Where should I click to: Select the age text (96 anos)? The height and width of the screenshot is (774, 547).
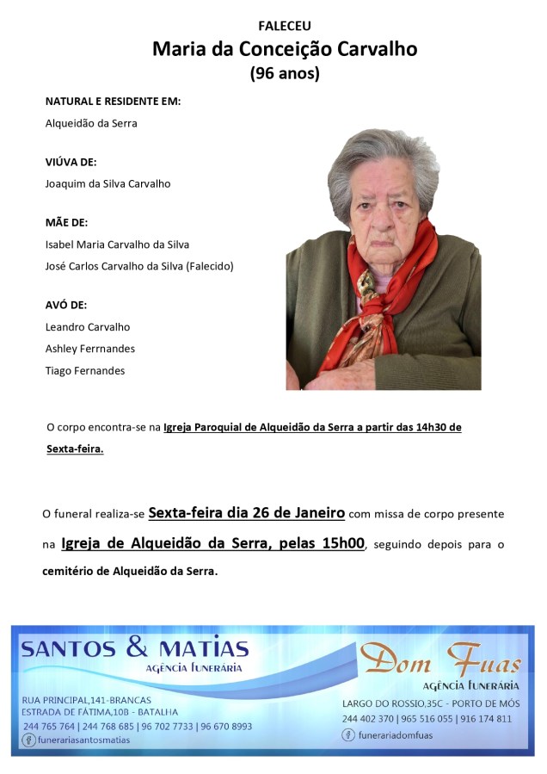click(x=285, y=74)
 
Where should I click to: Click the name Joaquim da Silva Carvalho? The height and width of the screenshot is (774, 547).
click(x=108, y=183)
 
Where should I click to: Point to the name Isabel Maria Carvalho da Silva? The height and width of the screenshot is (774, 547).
click(x=117, y=245)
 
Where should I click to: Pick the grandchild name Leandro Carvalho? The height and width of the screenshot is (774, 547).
click(x=87, y=327)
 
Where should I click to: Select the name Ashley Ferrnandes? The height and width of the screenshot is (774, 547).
click(x=89, y=349)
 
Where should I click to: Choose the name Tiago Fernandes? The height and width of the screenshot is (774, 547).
click(x=84, y=370)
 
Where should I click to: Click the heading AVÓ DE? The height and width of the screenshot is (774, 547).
click(x=65, y=305)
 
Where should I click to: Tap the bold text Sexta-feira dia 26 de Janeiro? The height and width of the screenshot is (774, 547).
click(x=247, y=513)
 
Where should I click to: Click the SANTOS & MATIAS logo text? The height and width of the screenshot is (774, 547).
click(x=134, y=649)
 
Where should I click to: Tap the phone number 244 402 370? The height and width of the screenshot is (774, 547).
click(x=368, y=718)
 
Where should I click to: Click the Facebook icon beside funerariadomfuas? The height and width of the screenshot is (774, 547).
click(x=347, y=734)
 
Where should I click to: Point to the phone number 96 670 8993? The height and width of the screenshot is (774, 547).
click(x=227, y=726)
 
